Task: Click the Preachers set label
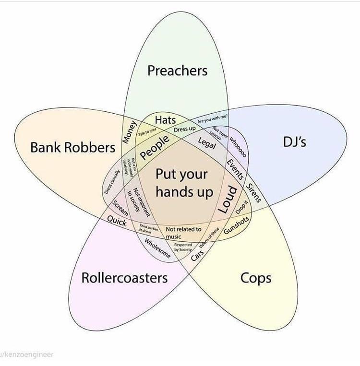177,71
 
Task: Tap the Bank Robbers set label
72,147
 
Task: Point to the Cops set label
255,278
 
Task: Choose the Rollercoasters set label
124,277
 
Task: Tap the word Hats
165,119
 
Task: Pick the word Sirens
253,192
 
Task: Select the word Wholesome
157,248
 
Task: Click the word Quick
117,221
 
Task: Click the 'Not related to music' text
183,233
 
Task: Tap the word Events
236,168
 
